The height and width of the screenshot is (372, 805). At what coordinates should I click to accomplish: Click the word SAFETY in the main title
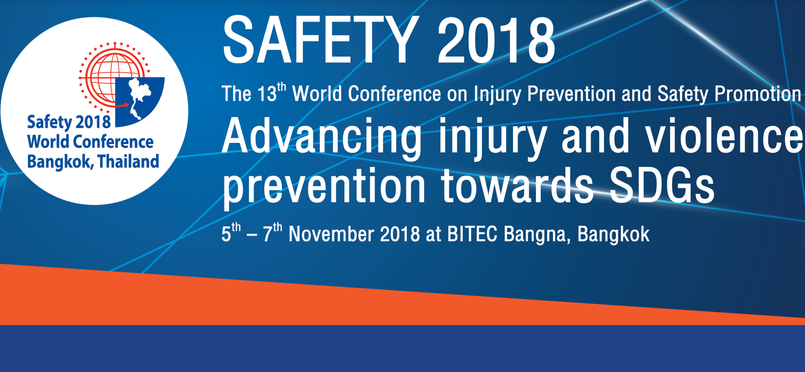tap(320, 40)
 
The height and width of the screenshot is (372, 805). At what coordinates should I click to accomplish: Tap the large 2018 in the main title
tap(496, 40)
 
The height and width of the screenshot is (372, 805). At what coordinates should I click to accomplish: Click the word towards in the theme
tap(517, 186)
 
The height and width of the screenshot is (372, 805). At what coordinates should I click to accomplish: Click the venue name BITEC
tap(472, 234)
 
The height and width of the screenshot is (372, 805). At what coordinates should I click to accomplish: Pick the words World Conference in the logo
tap(90, 142)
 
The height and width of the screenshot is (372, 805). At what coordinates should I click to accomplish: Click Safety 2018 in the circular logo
tap(69, 122)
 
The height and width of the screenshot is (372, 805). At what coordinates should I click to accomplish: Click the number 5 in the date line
tap(226, 235)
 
